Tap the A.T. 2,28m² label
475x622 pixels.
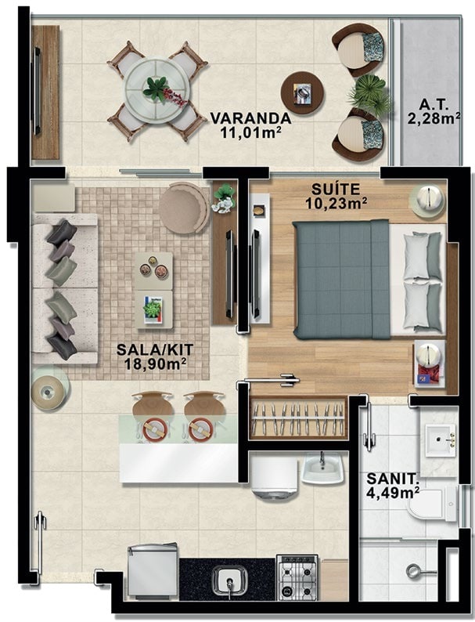tap(434, 111)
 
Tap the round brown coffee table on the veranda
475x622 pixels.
tap(303, 93)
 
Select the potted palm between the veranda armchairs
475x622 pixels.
tap(368, 95)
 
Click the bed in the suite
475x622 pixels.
tap(369, 280)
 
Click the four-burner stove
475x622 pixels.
tap(297, 577)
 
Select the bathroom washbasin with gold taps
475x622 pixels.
tap(440, 440)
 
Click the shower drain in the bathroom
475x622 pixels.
tap(413, 571)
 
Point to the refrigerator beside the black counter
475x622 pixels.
tap(153, 571)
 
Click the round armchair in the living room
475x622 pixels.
tap(184, 207)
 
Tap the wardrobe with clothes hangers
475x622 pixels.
tap(298, 418)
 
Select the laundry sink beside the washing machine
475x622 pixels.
tap(322, 468)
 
